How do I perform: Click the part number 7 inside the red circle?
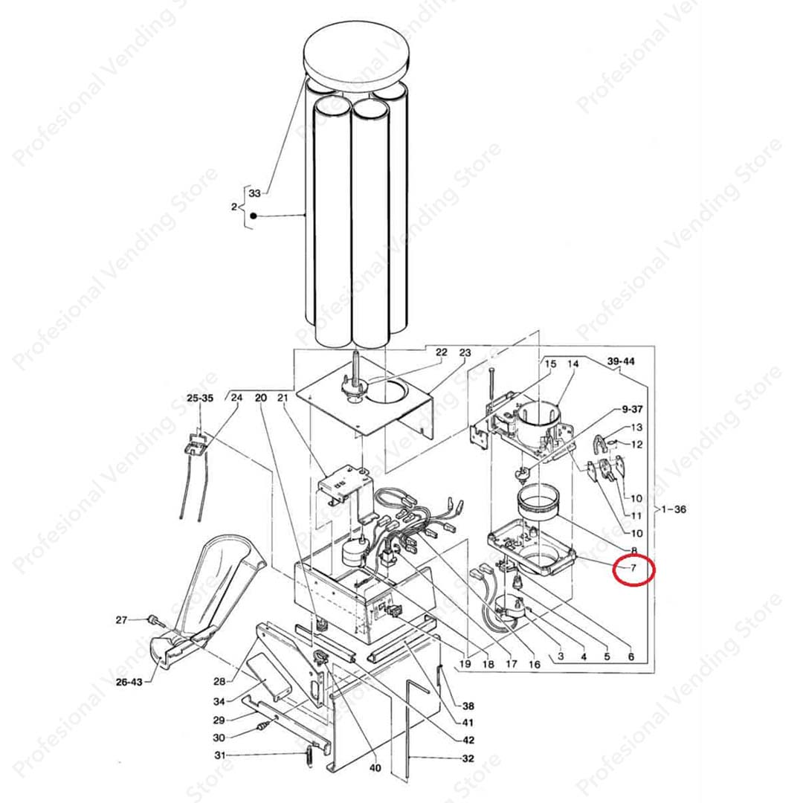pos(633,567)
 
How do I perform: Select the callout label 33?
pos(254,193)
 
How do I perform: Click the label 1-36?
pos(674,509)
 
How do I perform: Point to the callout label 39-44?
pos(621,361)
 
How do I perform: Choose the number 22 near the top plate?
pos(442,352)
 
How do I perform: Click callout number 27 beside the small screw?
pos(121,620)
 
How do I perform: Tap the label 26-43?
pos(129,682)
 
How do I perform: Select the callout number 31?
pos(219,755)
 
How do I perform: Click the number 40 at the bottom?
pos(375,767)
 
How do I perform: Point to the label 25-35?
pos(200,398)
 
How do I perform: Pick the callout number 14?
pos(573,364)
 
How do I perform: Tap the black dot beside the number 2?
pos(253,216)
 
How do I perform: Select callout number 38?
pos(468,706)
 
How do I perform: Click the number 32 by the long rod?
pos(468,758)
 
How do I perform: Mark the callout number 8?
pos(633,550)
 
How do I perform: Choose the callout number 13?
pos(636,428)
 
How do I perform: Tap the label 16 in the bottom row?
pos(534,665)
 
